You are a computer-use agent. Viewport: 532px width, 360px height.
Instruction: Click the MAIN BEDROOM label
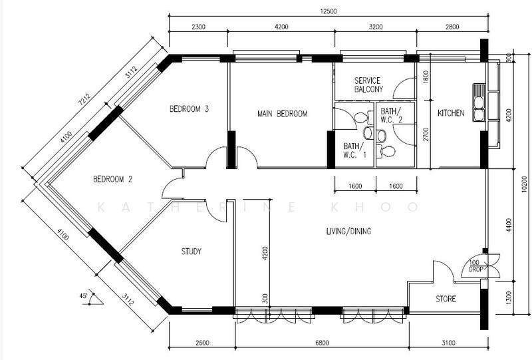282,113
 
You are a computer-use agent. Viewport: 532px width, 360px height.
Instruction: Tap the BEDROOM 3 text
189,109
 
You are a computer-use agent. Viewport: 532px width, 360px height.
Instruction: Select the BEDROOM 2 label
112,179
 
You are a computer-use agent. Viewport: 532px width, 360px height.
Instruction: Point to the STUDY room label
192,252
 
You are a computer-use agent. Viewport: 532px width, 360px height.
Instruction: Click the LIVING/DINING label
348,232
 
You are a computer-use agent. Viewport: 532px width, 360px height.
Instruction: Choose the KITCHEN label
451,113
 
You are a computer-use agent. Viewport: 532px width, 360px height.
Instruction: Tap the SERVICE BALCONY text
368,85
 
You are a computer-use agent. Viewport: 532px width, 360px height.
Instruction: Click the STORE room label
446,299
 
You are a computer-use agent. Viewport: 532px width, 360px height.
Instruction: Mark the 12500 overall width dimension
329,11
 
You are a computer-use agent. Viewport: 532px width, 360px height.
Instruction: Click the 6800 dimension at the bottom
322,343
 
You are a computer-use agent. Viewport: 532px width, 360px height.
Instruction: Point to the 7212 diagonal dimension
84,100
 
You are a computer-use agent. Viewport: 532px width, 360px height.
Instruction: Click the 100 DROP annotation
475,266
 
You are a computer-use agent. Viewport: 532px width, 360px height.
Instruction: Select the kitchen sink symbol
479,103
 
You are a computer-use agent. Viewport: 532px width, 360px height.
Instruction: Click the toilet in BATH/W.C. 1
362,118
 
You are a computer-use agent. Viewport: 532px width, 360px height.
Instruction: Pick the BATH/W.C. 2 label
391,116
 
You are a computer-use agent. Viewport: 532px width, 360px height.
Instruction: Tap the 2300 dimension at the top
198,27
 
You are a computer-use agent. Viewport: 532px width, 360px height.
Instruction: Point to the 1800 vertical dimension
426,77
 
